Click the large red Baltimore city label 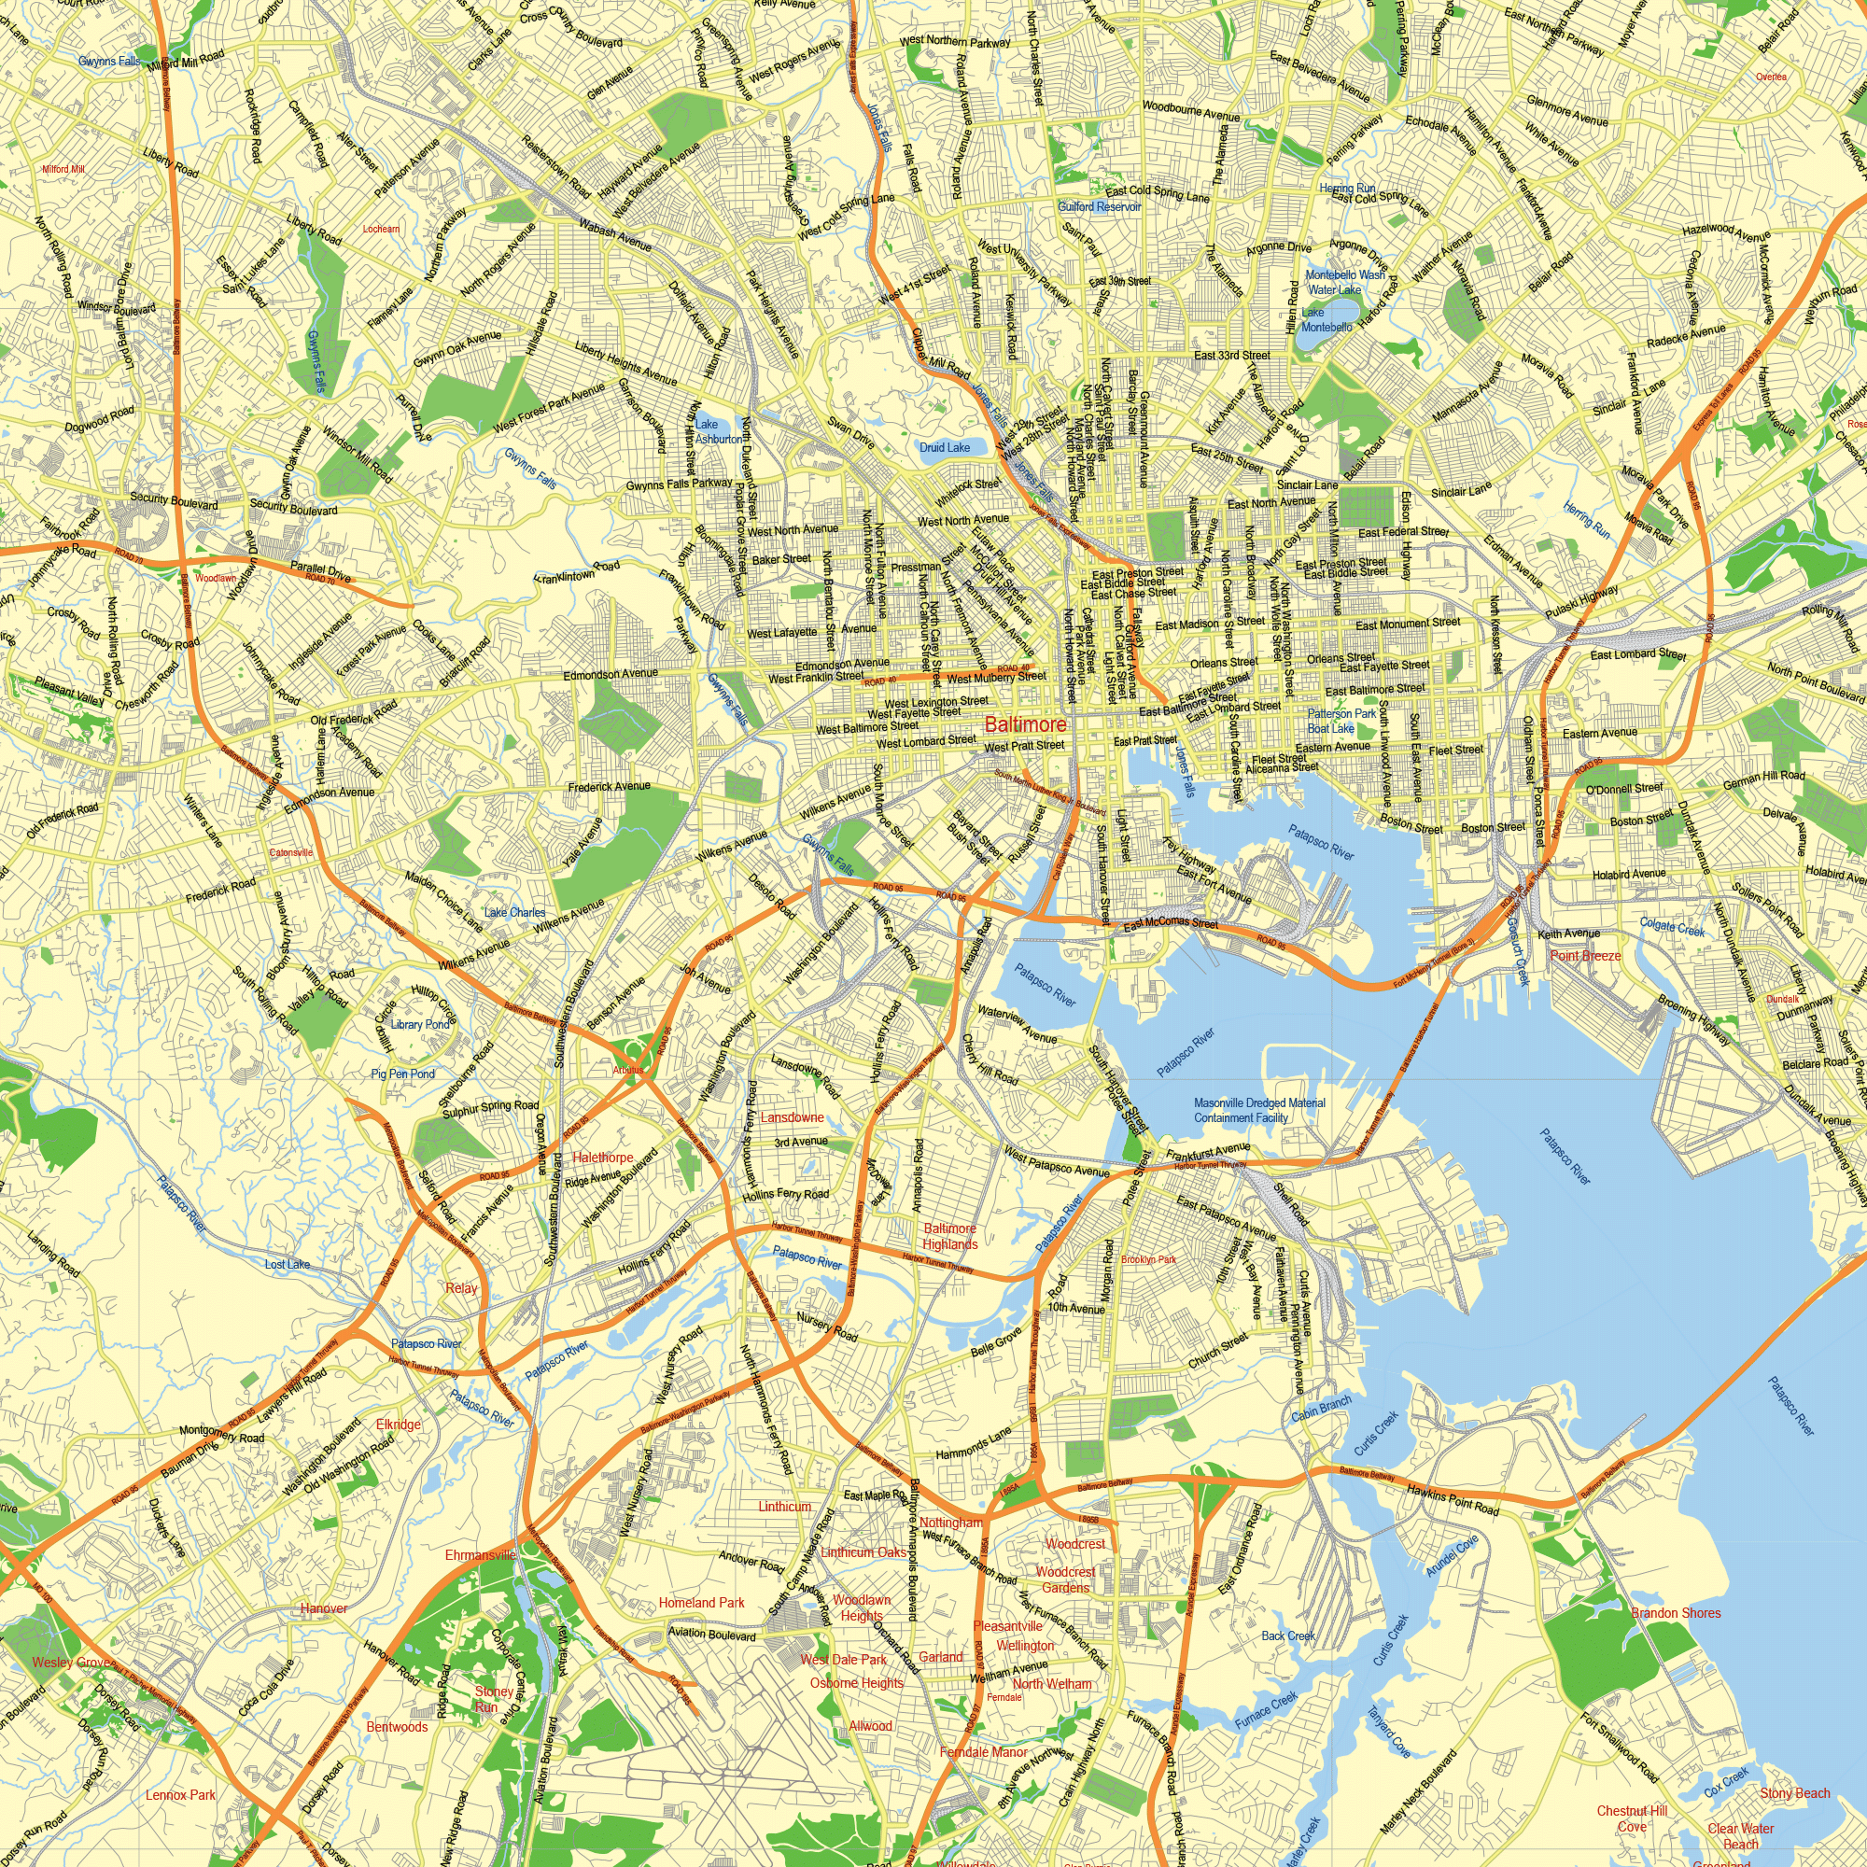pos(1025,723)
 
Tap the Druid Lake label pos(944,447)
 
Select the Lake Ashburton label pos(718,431)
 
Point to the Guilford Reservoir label pos(1099,207)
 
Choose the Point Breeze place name pos(1585,956)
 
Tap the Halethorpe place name pos(603,1157)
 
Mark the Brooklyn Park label pos(1148,1260)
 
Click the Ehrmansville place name pos(480,1555)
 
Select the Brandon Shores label pos(1675,1613)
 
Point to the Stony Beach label pos(1794,1793)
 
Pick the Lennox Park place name pos(181,1794)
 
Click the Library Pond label pos(420,1024)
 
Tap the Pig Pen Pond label pos(403,1074)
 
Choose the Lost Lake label pos(288,1264)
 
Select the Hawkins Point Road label pos(1453,1499)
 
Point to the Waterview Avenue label pos(1018,1023)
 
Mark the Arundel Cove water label pos(1453,1555)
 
